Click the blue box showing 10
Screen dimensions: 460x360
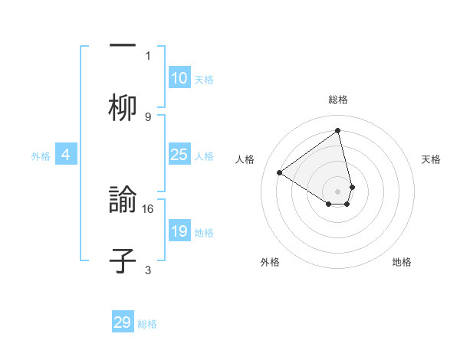tap(179, 78)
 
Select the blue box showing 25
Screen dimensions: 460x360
tap(179, 155)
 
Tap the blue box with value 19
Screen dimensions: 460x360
tap(179, 231)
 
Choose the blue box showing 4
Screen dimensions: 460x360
tap(66, 155)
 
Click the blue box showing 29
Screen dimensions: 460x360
tap(123, 322)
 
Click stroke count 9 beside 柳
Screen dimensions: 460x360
tap(148, 116)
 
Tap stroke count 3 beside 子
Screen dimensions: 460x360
tap(148, 270)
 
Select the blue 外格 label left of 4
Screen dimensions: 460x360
tap(41, 156)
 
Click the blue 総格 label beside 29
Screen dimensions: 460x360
tap(147, 324)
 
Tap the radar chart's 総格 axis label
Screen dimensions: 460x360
tap(338, 100)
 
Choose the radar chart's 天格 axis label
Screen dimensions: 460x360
tap(431, 159)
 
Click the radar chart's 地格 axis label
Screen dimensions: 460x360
tap(402, 262)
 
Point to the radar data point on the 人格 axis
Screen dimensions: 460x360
tap(280, 172)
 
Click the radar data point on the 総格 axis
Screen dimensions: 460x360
tap(338, 130)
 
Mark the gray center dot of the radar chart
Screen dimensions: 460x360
tap(338, 191)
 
